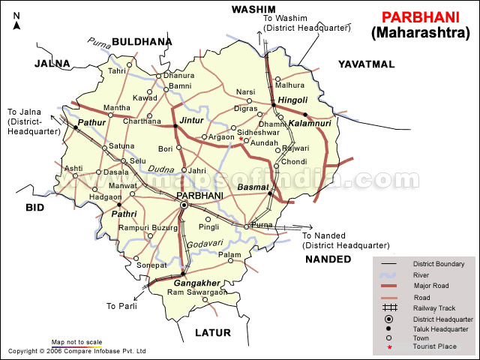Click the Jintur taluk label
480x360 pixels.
pyautogui.click(x=191, y=119)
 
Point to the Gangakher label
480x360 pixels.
pyautogui.click(x=196, y=283)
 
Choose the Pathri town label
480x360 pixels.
pyautogui.click(x=124, y=214)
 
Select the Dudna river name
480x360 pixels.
pyautogui.click(x=161, y=169)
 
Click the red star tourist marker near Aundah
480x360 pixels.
pyautogui.click(x=241, y=139)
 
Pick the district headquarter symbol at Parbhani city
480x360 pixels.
pyautogui.click(x=184, y=204)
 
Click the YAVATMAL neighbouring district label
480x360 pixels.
pyautogui.click(x=365, y=64)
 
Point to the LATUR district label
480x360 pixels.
pyautogui.click(x=213, y=331)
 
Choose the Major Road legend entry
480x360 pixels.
pyautogui.click(x=430, y=286)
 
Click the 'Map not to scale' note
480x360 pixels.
pyautogui.click(x=76, y=342)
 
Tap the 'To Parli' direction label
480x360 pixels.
pyautogui.click(x=121, y=306)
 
